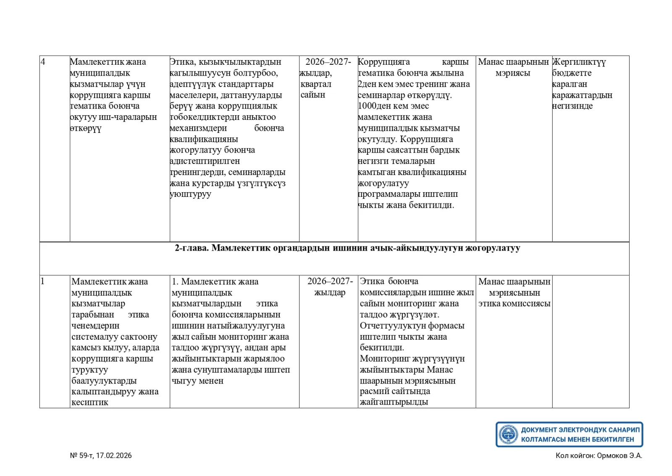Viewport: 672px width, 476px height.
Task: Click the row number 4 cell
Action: (43, 62)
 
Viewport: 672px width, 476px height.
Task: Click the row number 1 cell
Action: (42, 281)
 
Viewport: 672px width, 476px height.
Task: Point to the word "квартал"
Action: (316, 84)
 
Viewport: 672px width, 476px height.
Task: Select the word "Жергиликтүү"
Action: (579, 62)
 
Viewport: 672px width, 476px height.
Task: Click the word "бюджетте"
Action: (572, 73)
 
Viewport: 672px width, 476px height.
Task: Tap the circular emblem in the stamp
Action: (508, 434)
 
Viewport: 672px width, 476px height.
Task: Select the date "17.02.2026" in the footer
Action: (114, 455)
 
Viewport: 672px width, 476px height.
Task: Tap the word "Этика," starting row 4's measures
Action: (183, 62)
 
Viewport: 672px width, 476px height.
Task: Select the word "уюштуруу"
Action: (190, 194)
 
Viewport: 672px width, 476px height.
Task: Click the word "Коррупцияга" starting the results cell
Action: (383, 62)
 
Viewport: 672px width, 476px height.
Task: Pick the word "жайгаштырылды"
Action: (394, 402)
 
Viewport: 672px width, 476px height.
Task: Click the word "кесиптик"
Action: (90, 402)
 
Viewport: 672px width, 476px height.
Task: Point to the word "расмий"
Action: (374, 391)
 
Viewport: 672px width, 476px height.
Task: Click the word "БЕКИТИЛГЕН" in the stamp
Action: (611, 439)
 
